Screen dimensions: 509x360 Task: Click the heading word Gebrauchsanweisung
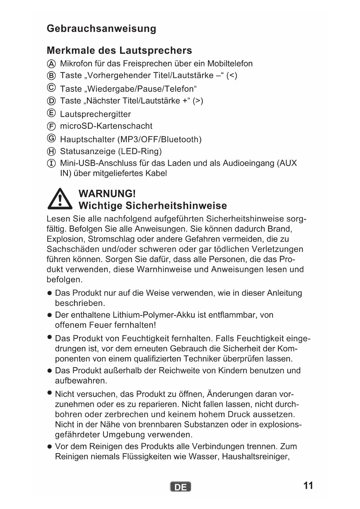point(101,28)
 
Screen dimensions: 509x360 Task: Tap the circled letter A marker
point(51,64)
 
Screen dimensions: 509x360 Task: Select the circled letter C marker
point(51,87)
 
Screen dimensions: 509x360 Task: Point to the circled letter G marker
point(51,138)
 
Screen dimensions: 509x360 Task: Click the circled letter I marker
point(51,163)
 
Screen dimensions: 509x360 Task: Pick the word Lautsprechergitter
point(95,114)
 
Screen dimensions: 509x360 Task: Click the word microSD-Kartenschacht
point(106,126)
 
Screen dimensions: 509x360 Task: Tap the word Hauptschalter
point(87,139)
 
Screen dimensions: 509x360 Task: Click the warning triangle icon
point(60,199)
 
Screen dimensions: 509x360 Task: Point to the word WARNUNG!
point(107,194)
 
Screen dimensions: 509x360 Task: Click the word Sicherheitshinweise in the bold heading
point(176,205)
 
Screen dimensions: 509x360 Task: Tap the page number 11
point(308,485)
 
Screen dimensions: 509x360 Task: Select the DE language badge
point(180,487)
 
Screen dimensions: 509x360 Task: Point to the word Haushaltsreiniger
point(256,456)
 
